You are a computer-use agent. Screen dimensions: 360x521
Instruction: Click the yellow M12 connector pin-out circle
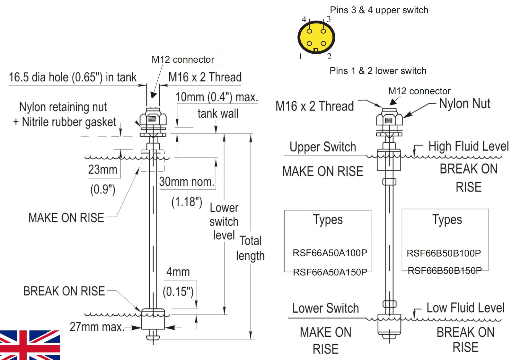tap(316, 37)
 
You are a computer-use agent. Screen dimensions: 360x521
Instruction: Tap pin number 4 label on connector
tap(304, 19)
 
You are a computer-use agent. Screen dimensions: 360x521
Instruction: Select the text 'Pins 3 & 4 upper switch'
tap(379, 10)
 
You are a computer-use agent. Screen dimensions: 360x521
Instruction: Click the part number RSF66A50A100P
tap(330, 253)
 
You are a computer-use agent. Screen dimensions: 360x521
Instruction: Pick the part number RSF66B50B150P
tap(445, 271)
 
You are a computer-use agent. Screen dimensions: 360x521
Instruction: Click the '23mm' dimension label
tap(102, 169)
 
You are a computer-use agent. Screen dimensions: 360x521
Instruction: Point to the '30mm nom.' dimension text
tap(187, 182)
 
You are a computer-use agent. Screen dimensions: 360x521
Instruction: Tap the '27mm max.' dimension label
tap(97, 327)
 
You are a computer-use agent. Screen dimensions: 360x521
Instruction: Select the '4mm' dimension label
tap(178, 272)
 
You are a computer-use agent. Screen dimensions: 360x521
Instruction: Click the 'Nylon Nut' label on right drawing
tap(464, 104)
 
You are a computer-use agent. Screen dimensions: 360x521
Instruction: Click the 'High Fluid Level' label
tap(468, 146)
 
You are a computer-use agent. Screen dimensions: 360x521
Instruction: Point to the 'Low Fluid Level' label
tap(465, 308)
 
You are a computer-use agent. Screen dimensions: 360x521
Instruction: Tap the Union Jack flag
tap(30, 345)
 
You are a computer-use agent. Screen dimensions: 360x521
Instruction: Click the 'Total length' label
tap(251, 248)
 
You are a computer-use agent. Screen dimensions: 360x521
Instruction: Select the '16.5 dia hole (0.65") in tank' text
tap(73, 77)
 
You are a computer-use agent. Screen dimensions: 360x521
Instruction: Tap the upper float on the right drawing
tap(389, 160)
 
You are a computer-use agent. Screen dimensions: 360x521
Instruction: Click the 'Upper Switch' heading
tap(323, 147)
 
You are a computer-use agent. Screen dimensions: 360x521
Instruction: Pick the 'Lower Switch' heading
tap(325, 308)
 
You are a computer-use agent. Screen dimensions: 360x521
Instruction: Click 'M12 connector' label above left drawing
tap(183, 59)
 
